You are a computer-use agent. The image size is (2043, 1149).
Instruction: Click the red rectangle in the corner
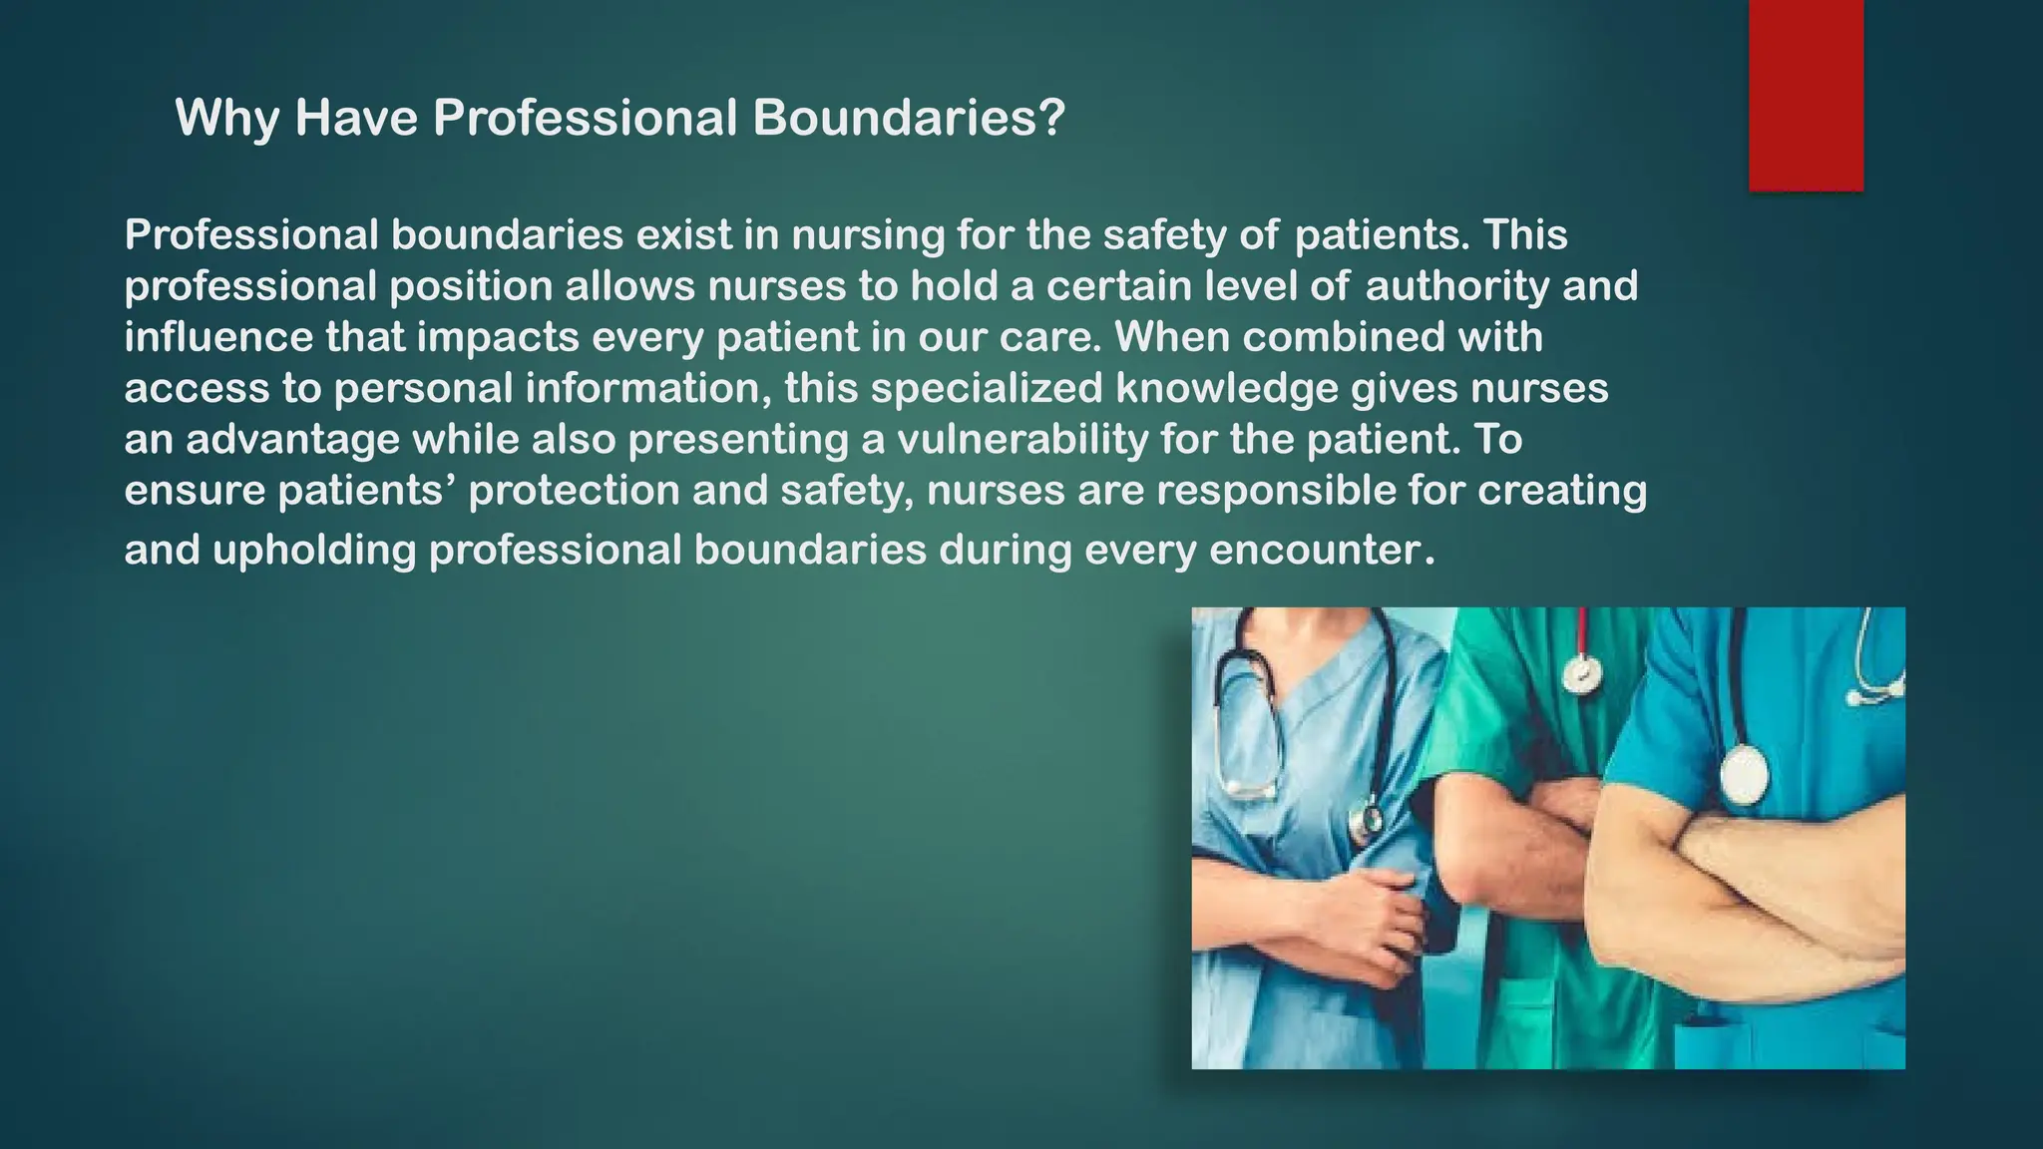(1806, 95)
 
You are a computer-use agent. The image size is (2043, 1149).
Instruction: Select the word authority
(1455, 287)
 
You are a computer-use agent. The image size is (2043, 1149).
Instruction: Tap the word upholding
(314, 551)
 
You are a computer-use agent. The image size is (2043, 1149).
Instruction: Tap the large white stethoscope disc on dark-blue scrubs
(1745, 776)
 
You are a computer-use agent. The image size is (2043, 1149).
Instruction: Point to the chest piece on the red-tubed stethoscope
(1581, 673)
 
